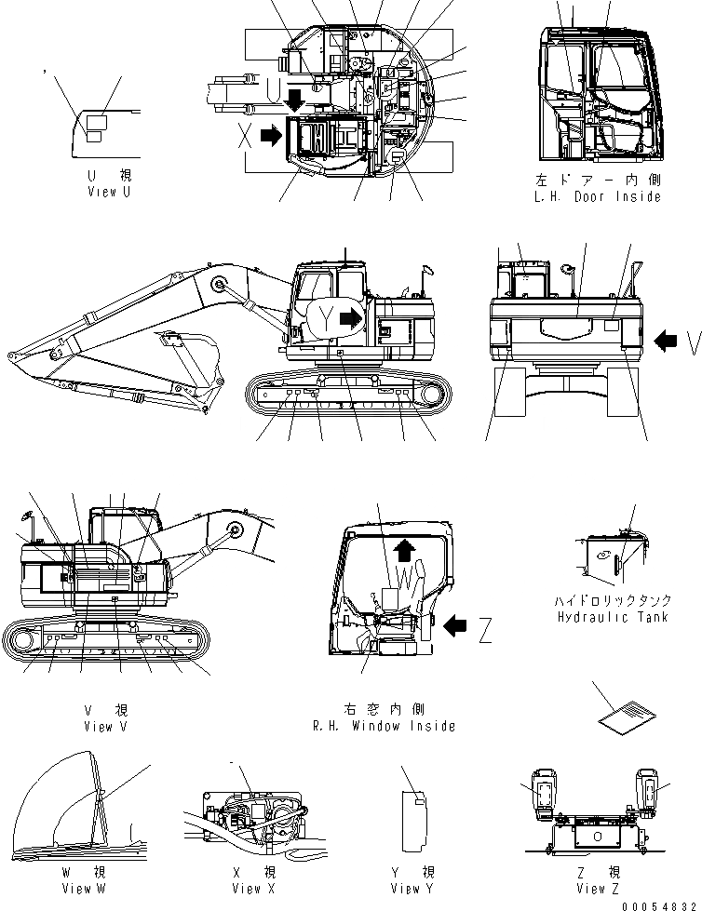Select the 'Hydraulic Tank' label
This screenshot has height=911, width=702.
tap(612, 617)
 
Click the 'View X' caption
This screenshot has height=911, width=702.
tap(247, 889)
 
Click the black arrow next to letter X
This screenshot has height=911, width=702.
tap(271, 136)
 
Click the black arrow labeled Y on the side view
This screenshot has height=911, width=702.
tap(352, 319)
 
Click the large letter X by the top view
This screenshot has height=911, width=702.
tap(244, 136)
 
